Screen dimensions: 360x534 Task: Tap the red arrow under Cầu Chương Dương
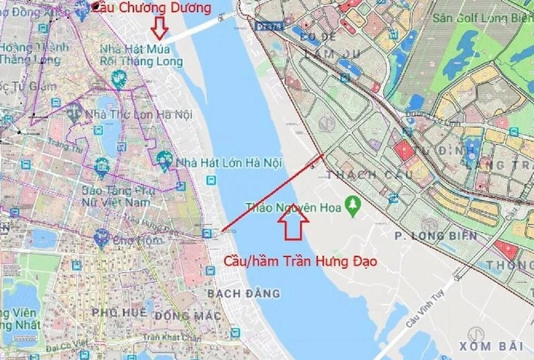(x=159, y=28)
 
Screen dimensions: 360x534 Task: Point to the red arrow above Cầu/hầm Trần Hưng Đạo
(x=293, y=223)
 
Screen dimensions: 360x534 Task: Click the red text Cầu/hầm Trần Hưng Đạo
(x=300, y=261)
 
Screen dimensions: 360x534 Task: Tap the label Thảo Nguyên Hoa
(x=293, y=208)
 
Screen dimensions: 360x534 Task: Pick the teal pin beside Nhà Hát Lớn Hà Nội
(x=165, y=160)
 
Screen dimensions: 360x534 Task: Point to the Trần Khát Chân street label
(x=169, y=337)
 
